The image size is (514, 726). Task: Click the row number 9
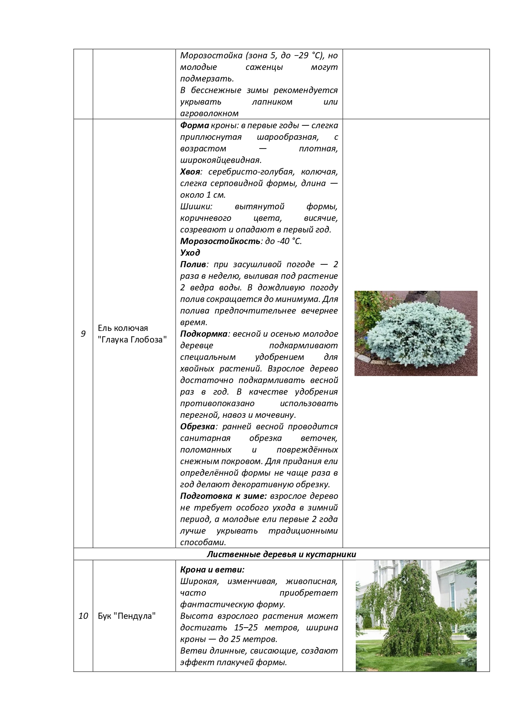[83, 334]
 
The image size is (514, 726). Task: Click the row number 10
[83, 616]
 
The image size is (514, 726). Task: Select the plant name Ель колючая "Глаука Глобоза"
[132, 334]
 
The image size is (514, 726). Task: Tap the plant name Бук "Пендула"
[127, 616]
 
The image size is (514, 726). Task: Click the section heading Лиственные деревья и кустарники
[281, 554]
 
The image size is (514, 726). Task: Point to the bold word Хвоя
[190, 172]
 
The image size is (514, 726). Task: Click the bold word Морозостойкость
[220, 241]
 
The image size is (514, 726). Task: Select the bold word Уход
[190, 253]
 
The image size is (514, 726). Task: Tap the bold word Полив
[193, 264]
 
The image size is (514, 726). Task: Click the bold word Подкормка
[204, 334]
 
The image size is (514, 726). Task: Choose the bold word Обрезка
[198, 426]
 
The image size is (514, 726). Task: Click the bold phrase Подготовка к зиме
[223, 496]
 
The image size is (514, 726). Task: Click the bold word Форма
[194, 125]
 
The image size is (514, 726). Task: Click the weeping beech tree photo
[416, 616]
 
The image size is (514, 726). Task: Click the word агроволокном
[209, 113]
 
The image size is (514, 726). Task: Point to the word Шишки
[196, 206]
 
